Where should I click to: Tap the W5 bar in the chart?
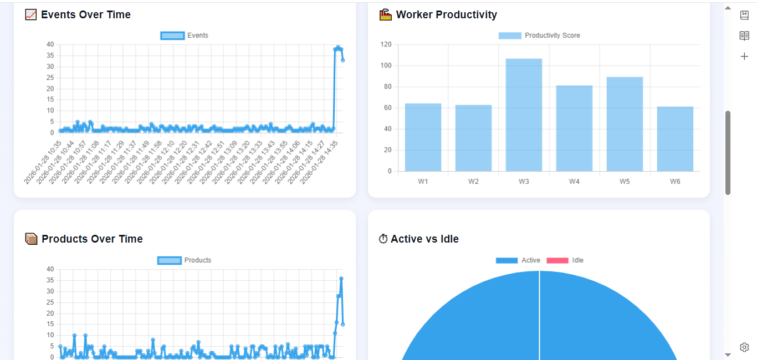(x=625, y=124)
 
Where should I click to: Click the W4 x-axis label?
(x=574, y=181)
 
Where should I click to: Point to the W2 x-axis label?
(x=473, y=181)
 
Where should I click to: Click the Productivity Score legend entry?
(x=539, y=35)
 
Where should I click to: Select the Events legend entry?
(x=185, y=35)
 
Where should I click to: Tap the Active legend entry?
(x=518, y=260)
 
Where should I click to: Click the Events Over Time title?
(x=85, y=15)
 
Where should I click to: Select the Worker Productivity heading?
(x=446, y=15)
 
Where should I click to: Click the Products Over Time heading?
(x=92, y=239)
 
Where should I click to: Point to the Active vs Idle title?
(x=424, y=239)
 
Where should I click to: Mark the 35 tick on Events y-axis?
(x=50, y=55)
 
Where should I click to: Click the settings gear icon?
(x=744, y=347)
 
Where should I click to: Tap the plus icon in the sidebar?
(x=744, y=56)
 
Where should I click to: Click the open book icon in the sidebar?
(x=744, y=36)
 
